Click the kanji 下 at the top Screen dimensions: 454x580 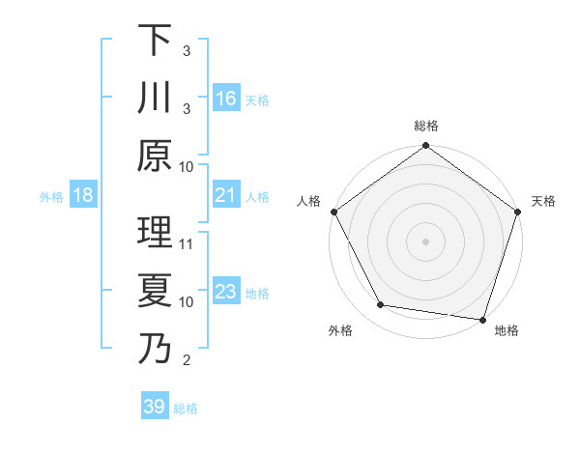[x=154, y=42]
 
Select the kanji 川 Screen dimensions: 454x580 [x=154, y=99]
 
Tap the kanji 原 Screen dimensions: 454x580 [x=154, y=156]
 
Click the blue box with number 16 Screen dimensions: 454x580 [x=226, y=98]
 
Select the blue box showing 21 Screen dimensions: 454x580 [x=226, y=196]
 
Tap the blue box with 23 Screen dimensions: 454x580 [x=226, y=293]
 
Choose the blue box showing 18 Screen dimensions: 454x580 [x=83, y=196]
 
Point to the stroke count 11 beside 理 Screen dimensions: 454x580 [x=188, y=244]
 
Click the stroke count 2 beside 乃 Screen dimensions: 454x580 [x=186, y=360]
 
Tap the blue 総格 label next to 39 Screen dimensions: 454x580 [x=186, y=409]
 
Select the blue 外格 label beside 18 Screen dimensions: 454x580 [x=51, y=197]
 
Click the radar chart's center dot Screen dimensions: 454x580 [x=425, y=241]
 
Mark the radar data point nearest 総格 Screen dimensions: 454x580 [x=425, y=148]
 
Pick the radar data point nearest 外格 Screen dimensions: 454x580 [x=381, y=305]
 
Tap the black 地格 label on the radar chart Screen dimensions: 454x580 [x=507, y=330]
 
